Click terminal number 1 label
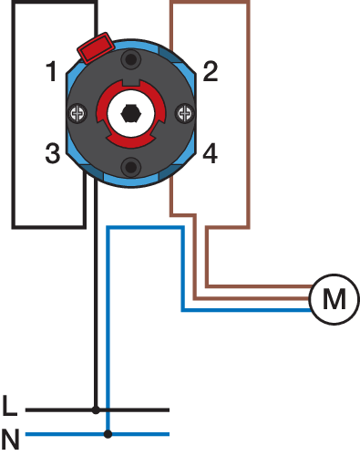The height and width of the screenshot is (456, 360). (51, 71)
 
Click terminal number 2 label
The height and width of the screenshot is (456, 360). (211, 71)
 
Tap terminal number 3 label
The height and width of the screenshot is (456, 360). (53, 153)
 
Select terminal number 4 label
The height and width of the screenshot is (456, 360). (211, 153)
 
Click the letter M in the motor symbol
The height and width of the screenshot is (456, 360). (334, 299)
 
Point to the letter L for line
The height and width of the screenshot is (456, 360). (10, 405)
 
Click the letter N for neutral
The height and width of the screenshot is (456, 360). (11, 440)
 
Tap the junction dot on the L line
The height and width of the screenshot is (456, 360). (96, 410)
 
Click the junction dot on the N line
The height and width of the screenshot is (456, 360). (108, 434)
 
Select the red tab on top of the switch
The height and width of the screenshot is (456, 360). (96, 47)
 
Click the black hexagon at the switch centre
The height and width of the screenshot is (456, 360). (131, 114)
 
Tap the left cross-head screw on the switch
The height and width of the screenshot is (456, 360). (77, 114)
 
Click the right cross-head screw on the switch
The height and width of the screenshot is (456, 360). (185, 114)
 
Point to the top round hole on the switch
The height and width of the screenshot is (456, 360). (131, 59)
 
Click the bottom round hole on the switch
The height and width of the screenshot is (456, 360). (131, 167)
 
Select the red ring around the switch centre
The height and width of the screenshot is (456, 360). (101, 114)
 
